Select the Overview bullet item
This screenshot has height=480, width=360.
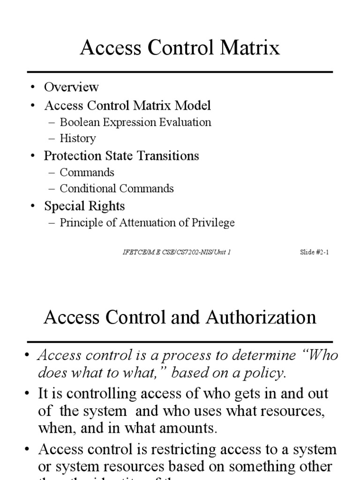click(71, 87)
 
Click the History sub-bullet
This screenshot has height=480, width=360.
click(78, 138)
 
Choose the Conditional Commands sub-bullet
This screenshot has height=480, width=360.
click(117, 188)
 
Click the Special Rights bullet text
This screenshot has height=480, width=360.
click(84, 206)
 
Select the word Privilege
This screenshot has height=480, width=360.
click(212, 223)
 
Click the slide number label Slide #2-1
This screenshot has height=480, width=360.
click(314, 252)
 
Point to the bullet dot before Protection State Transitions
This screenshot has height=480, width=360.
click(33, 156)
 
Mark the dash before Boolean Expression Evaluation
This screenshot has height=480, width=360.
click(52, 123)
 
